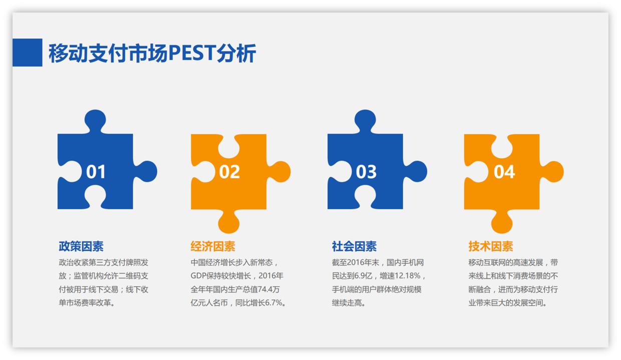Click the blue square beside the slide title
pos(27,53)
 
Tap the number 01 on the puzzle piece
pos(96,172)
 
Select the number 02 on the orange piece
pos(229,172)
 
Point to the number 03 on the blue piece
pos(366,172)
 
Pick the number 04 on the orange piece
pos(504,172)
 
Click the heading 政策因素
pos(81,246)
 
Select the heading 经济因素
pos(213,246)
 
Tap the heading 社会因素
pos(354,246)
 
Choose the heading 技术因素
pos(491,246)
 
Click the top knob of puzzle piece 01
pos(95,121)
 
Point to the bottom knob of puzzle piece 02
pos(228,221)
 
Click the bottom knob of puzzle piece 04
pos(502,221)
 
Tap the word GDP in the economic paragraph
pos(200,276)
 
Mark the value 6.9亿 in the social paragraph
pos(363,276)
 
